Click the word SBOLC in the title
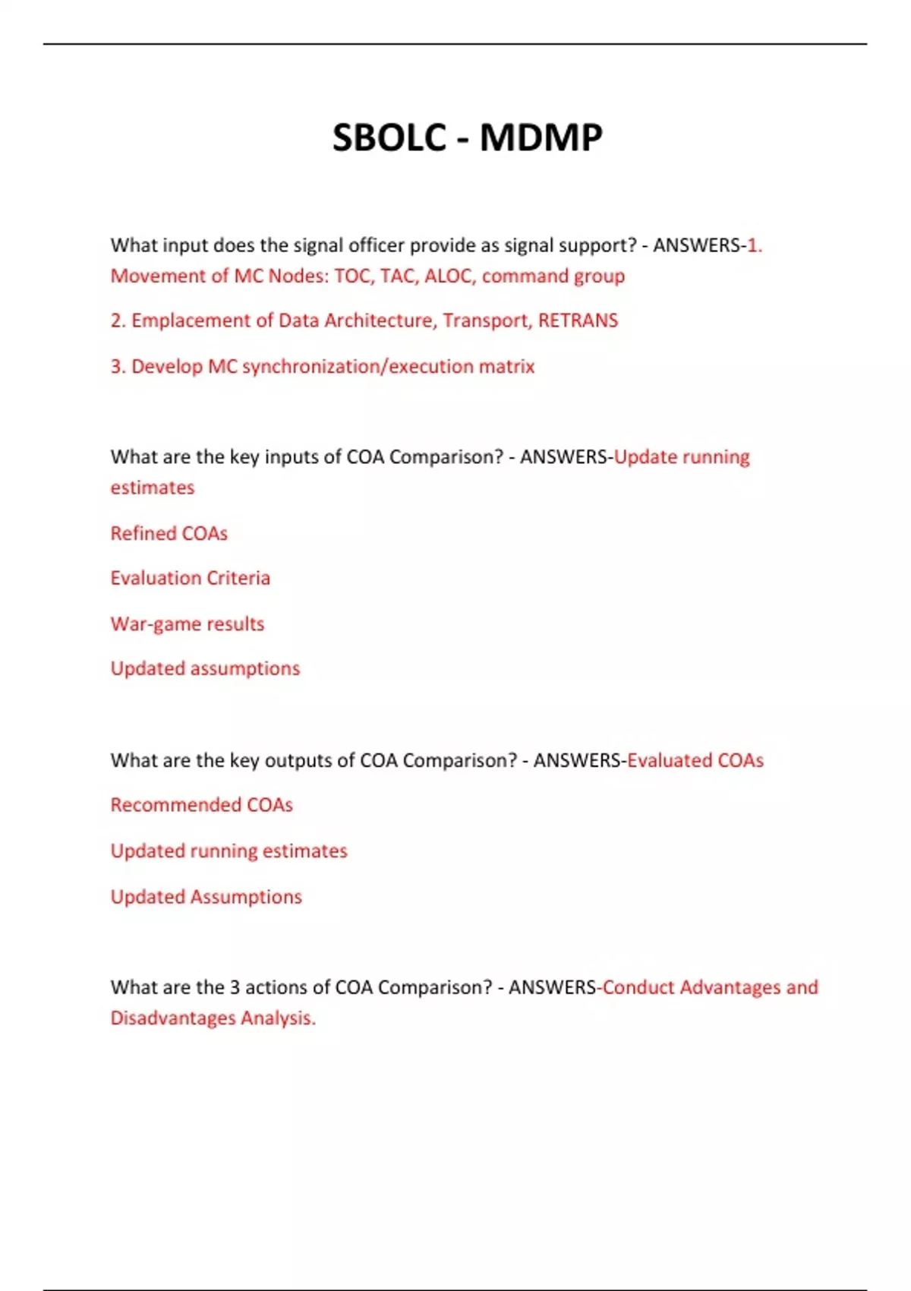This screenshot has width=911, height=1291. tap(389, 138)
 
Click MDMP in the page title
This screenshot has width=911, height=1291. tap(541, 138)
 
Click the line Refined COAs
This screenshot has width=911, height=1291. tap(169, 533)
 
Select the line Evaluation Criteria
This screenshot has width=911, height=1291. tap(190, 578)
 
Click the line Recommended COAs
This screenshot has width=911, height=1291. tap(201, 805)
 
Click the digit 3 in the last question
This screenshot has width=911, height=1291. tap(235, 987)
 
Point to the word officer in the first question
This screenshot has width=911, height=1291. tap(377, 245)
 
